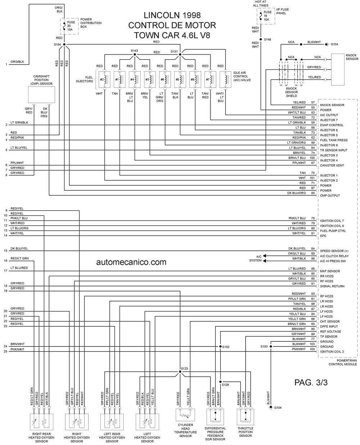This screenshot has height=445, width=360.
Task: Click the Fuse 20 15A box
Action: click(x=69, y=26)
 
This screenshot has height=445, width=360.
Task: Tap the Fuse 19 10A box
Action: click(x=265, y=16)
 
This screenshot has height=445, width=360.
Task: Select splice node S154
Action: click(x=64, y=44)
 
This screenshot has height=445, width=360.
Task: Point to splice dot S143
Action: click(x=135, y=54)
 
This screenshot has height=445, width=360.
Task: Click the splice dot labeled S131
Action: click(x=180, y=54)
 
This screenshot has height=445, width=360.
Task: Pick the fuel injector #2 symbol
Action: click(x=104, y=80)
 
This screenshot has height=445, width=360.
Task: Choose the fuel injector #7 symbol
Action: click(x=210, y=80)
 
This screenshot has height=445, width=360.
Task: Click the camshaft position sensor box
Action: click(x=41, y=95)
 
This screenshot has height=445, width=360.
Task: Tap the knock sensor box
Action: click(x=337, y=69)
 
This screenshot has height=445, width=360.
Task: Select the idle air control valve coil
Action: click(x=225, y=80)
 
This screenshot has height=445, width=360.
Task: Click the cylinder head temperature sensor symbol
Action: click(x=185, y=415)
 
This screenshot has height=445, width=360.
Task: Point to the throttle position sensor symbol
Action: click(x=245, y=417)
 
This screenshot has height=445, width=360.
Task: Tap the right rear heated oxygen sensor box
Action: click(x=41, y=421)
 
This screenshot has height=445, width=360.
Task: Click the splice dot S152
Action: click(x=220, y=346)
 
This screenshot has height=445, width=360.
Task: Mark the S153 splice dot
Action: click(x=271, y=346)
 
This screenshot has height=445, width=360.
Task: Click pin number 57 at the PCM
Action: click(x=313, y=103)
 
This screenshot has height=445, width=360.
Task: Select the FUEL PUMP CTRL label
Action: click(x=333, y=231)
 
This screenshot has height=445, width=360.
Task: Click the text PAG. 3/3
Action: click(x=311, y=382)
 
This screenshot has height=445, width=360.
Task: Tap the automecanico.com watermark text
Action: click(x=131, y=262)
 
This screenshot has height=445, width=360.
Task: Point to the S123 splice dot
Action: click(x=180, y=372)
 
